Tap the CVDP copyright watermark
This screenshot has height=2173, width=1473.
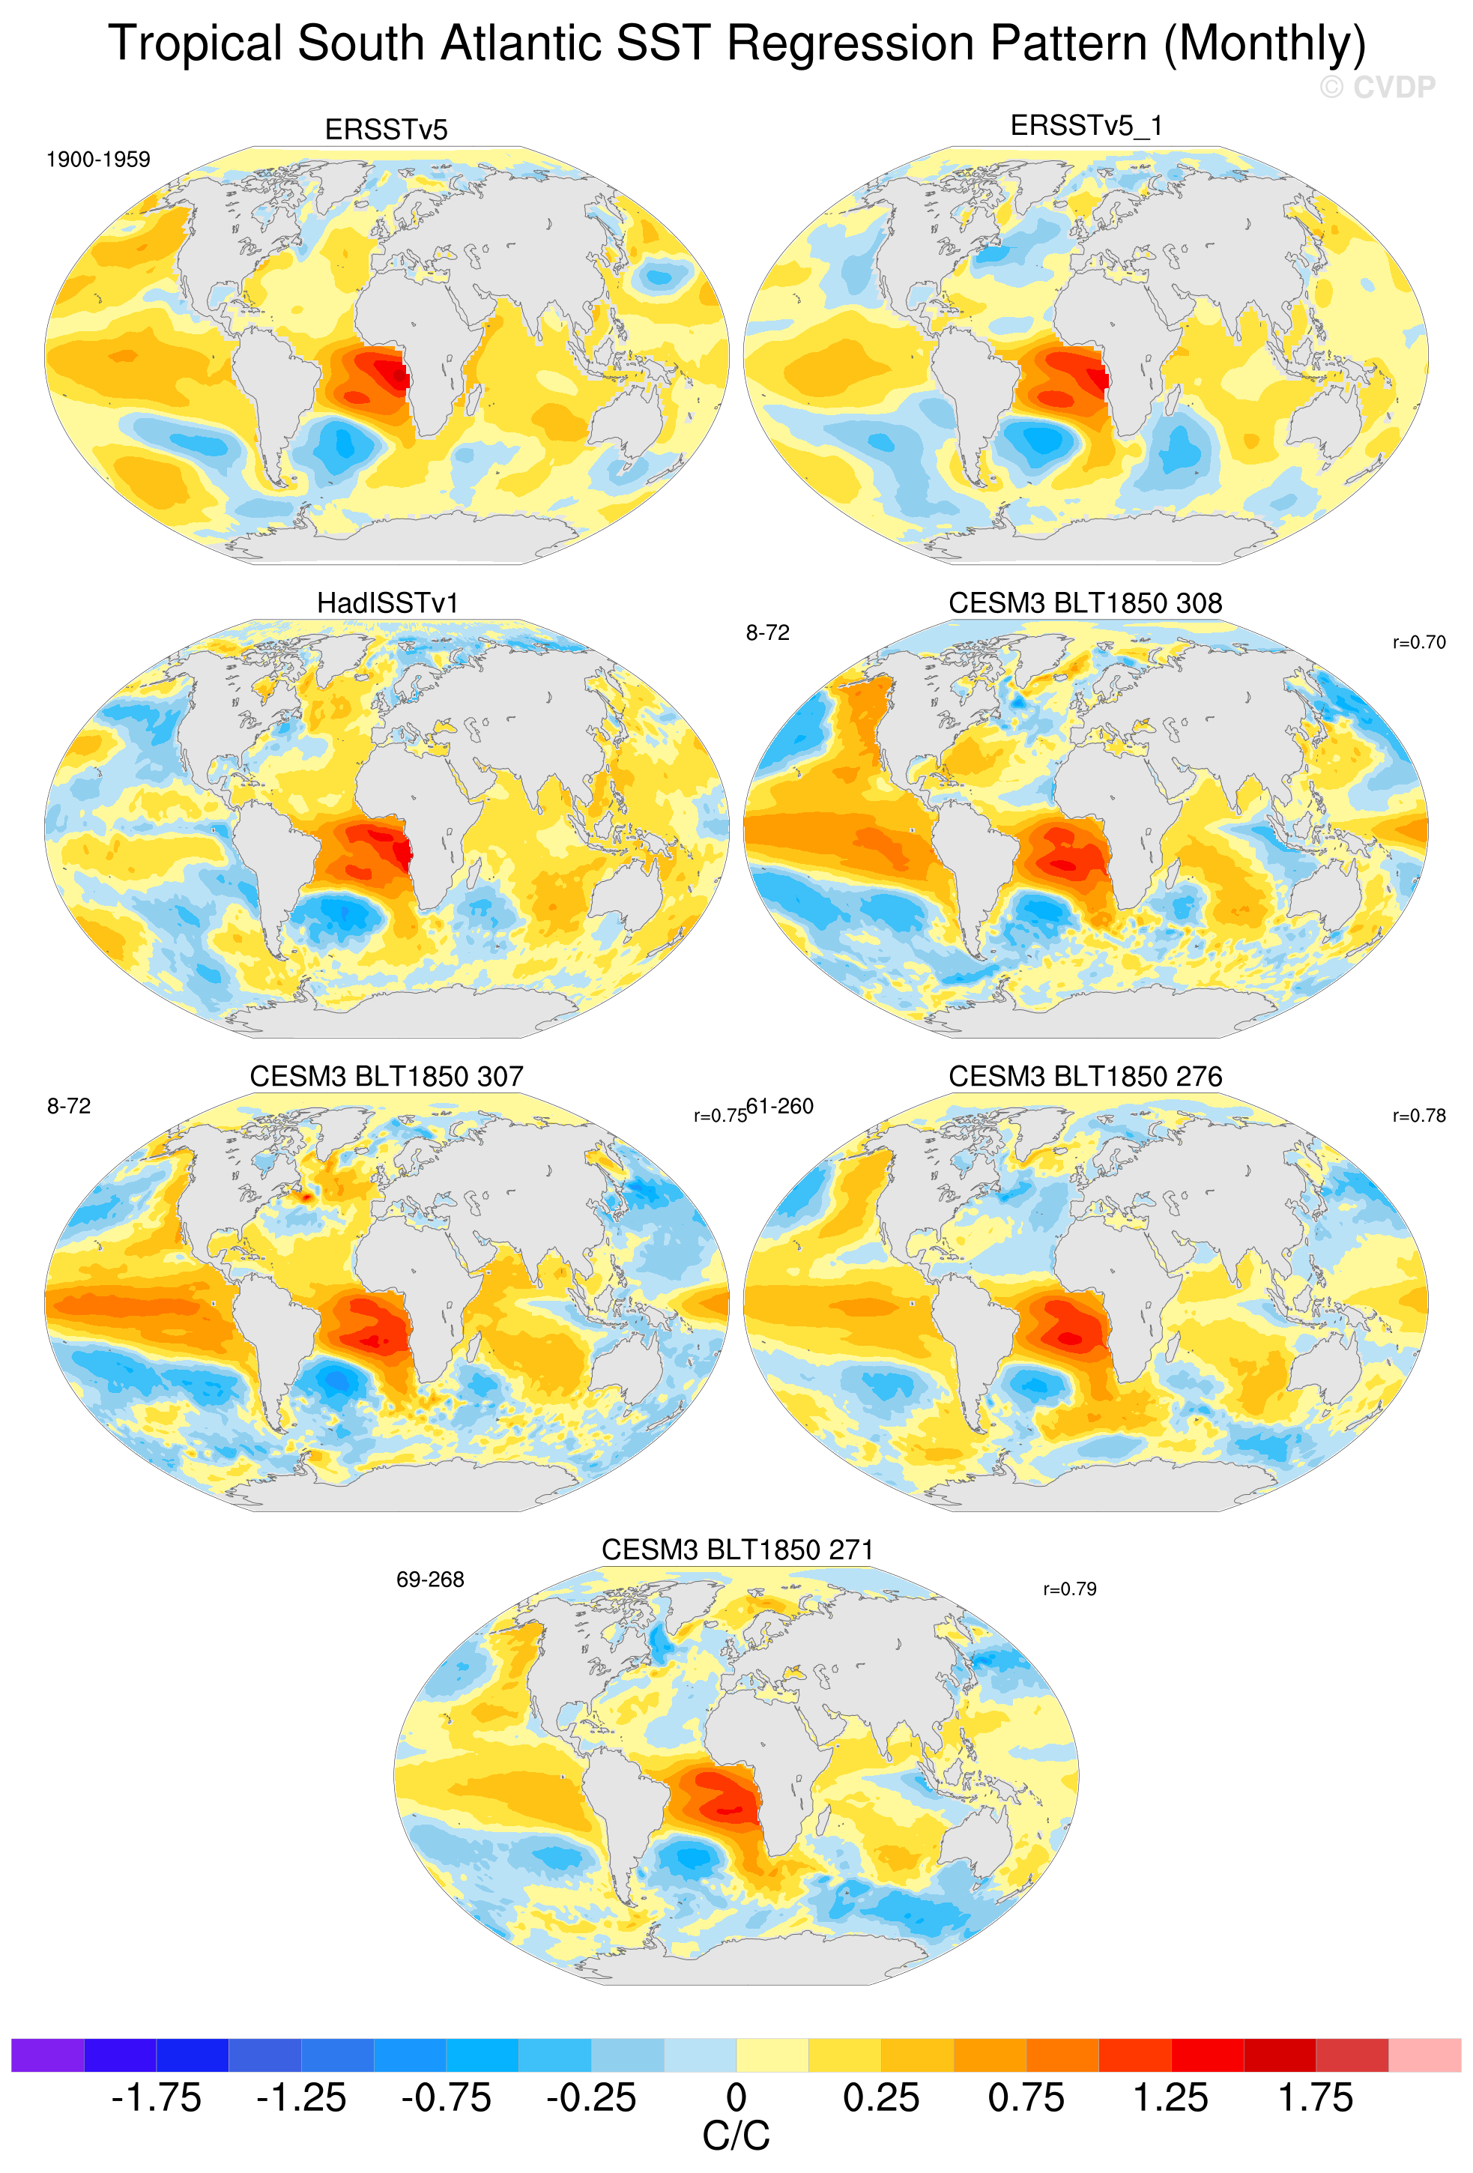(1377, 88)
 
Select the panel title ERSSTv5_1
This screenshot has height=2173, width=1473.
(1086, 125)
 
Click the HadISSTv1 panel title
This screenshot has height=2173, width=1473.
(387, 603)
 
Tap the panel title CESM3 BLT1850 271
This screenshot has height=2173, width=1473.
(736, 1550)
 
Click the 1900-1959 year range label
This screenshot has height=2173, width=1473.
(98, 160)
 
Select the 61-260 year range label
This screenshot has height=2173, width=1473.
(781, 1106)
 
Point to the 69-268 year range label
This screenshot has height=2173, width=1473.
(430, 1580)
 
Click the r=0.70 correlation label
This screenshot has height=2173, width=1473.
(1419, 642)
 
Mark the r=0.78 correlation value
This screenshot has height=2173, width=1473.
(1419, 1116)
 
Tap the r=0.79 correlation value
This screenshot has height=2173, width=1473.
(1069, 1589)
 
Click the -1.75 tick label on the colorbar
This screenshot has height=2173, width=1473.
(156, 2097)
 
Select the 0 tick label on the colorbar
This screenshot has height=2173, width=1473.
(736, 2097)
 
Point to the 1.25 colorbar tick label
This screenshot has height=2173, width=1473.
(1170, 2097)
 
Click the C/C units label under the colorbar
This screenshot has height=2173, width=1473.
(736, 2136)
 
